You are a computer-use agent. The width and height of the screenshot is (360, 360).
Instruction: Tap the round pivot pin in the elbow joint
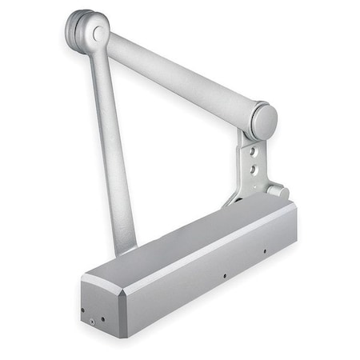click(98, 34)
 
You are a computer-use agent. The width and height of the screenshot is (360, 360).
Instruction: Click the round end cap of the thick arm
click(263, 120)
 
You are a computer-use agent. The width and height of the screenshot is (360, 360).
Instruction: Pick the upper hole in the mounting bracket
click(254, 150)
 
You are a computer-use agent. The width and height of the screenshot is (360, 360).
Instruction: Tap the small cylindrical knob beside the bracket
click(278, 191)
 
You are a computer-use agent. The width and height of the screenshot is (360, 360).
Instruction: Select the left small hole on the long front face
click(225, 276)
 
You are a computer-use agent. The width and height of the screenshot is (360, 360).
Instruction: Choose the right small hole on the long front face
click(266, 250)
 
